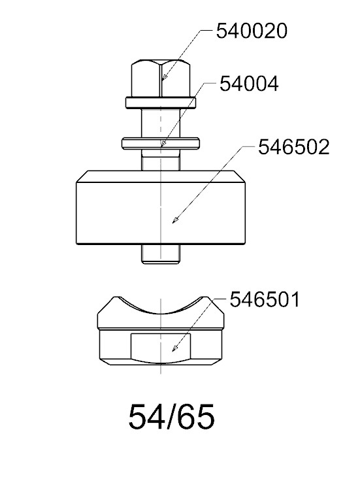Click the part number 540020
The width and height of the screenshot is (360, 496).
coord(252,31)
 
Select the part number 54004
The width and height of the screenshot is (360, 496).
coord(249,84)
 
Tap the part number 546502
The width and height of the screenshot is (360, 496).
coord(294,147)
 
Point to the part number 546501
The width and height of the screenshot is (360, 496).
coord(265,299)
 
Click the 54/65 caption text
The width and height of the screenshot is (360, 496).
coord(171,416)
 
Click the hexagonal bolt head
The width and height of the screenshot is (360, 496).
coord(161,78)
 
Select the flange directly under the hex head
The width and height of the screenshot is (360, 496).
coord(161,103)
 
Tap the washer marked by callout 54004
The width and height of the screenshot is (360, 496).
coord(161,143)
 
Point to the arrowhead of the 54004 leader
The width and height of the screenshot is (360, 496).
coord(163,144)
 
